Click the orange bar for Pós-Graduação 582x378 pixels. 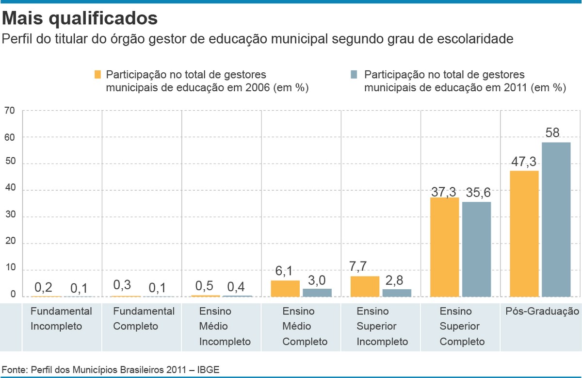[x=524, y=233]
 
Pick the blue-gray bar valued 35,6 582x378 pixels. [x=476, y=249]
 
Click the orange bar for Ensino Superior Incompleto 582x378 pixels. [x=365, y=286]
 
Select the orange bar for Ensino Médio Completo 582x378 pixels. [x=285, y=288]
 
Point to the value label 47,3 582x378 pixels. [x=524, y=162]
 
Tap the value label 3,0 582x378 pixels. [x=317, y=280]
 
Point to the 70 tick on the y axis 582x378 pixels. [x=10, y=111]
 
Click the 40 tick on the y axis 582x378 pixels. [x=10, y=190]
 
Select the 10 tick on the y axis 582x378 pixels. [x=10, y=269]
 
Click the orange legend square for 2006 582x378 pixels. [x=97, y=75]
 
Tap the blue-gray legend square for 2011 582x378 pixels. [x=354, y=75]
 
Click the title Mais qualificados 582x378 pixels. [x=80, y=18]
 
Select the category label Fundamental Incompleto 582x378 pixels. [x=61, y=318]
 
